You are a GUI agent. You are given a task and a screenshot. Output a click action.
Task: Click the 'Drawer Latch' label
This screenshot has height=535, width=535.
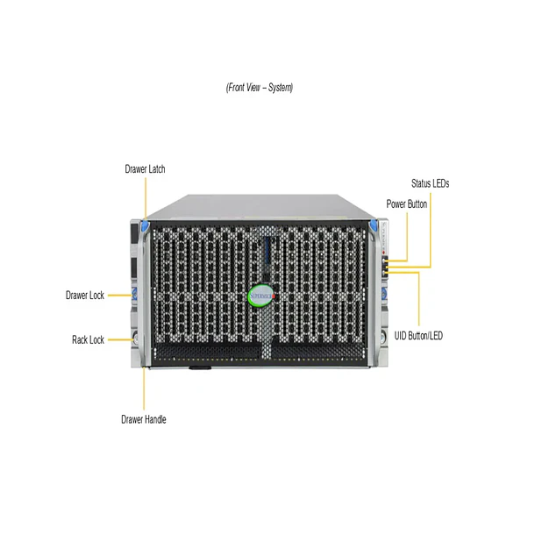point(145,169)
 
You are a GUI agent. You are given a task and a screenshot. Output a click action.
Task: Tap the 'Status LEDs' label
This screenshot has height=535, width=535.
point(431,183)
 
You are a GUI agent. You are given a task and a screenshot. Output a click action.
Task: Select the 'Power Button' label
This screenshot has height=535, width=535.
point(407,204)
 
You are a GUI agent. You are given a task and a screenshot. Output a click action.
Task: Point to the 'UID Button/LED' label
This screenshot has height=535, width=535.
point(418,336)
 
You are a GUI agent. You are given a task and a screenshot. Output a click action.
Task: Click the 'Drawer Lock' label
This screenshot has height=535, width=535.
point(85,296)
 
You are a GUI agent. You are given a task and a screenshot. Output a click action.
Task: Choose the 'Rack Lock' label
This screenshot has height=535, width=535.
point(88,339)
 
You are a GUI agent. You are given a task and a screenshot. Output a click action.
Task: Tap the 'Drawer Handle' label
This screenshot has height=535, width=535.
point(144,419)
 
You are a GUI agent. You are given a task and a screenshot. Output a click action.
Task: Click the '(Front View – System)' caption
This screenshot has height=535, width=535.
point(260,88)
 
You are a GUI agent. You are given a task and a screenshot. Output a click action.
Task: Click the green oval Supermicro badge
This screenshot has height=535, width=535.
point(260,296)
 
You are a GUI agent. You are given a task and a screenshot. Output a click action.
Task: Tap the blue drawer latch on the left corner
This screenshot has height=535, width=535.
point(145,226)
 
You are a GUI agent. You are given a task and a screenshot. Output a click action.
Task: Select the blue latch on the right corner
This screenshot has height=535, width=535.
point(373,225)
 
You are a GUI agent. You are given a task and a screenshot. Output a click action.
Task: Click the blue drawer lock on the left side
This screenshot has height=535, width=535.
point(134,294)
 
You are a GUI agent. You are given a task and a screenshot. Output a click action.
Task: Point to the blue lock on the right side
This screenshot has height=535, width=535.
point(384,293)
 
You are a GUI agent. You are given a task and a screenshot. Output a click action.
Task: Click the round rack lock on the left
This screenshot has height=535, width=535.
point(135,339)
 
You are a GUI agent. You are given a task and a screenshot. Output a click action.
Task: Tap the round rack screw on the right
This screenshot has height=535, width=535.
point(382,338)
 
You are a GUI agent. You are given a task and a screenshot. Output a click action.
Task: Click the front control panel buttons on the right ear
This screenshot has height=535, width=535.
point(385,264)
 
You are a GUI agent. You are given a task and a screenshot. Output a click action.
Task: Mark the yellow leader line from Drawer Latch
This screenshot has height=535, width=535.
point(146,198)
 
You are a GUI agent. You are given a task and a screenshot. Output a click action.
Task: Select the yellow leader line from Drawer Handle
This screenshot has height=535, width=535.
point(144,389)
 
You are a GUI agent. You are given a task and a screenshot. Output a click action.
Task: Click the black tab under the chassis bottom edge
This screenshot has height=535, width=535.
point(200,368)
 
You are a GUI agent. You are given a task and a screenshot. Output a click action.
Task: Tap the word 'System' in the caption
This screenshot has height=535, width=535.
point(280,88)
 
